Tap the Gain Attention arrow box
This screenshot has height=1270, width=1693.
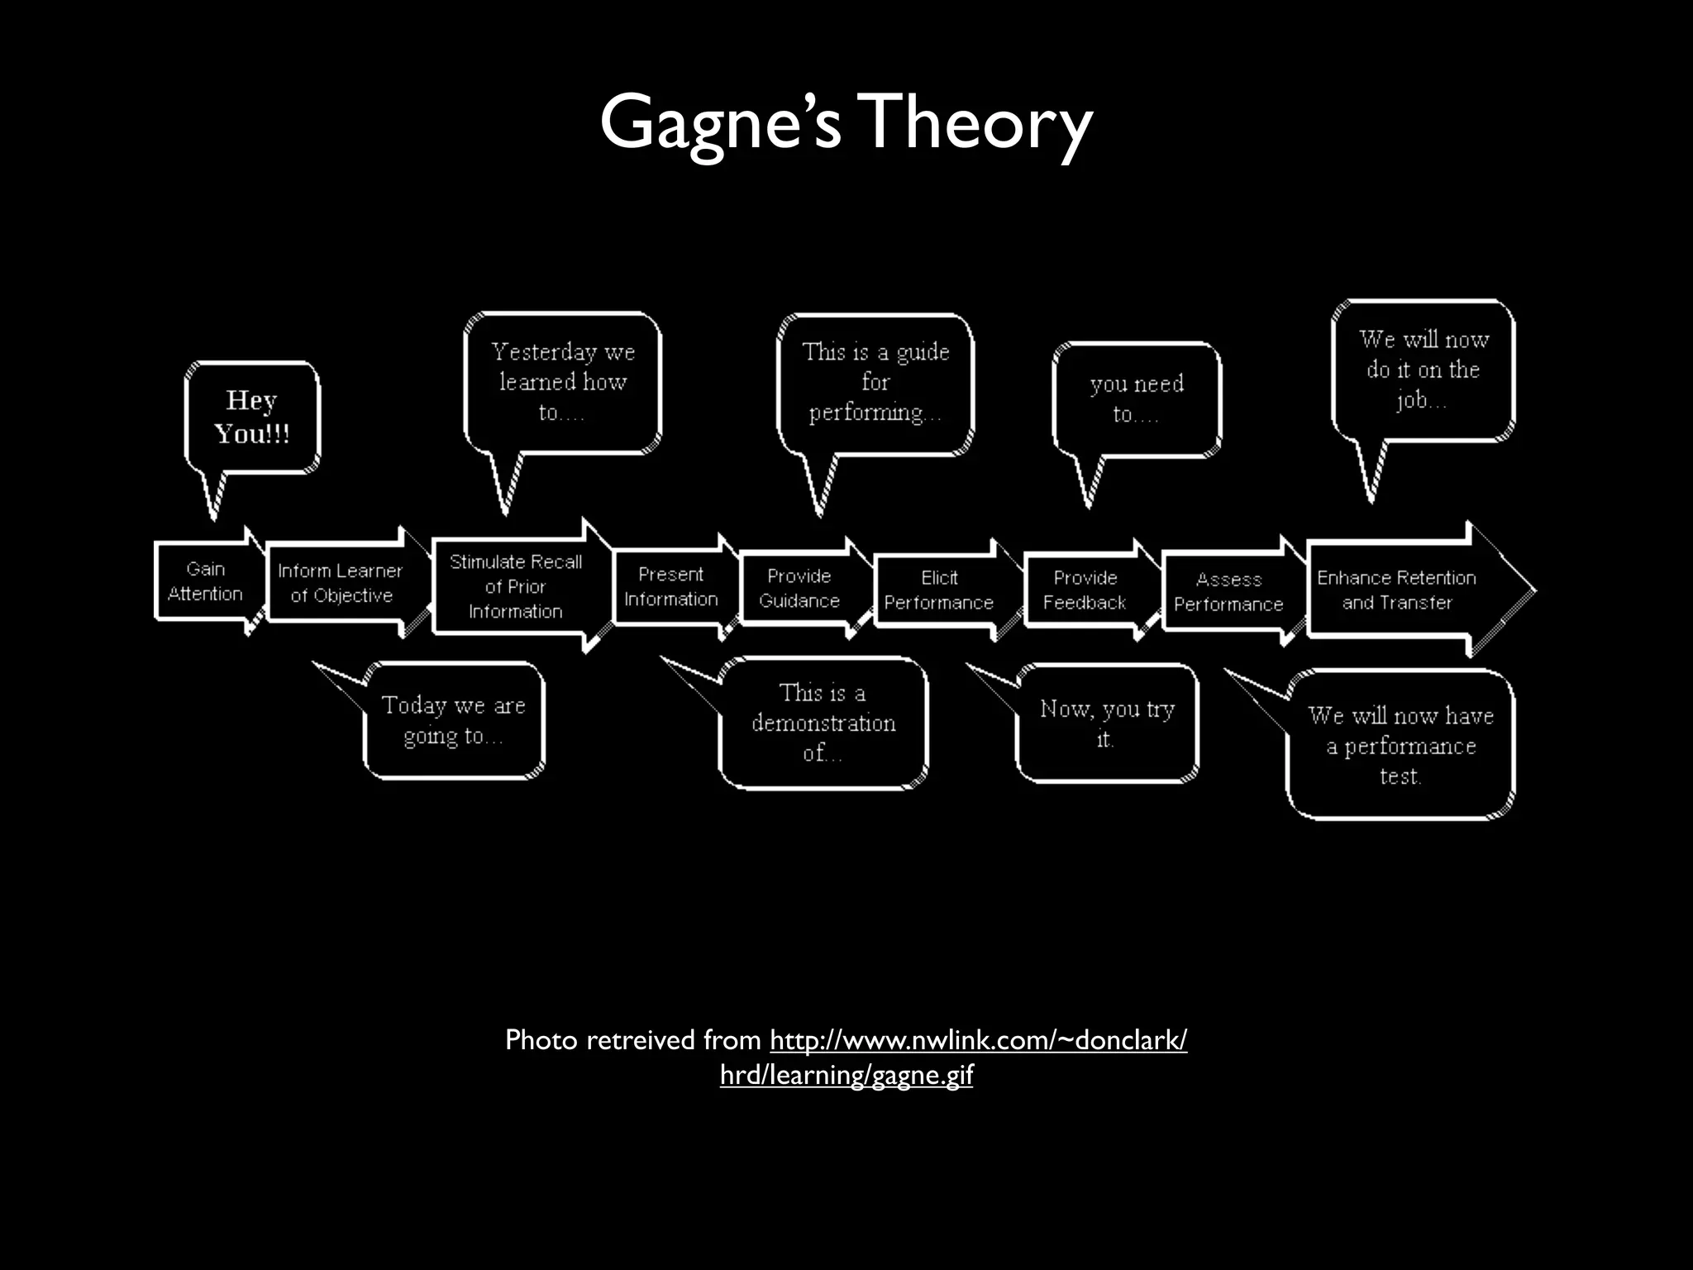[x=206, y=581]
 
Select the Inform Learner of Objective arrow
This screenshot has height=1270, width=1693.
[x=341, y=583]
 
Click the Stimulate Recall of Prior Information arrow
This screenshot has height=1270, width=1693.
[x=516, y=586]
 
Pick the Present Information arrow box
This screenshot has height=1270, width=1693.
[x=671, y=586]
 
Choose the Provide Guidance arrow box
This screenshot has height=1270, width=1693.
[x=799, y=588]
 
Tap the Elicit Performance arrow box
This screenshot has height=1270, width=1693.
[x=939, y=590]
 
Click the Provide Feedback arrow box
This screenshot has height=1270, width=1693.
[x=1085, y=590]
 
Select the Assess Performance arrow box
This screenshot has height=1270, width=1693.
[x=1228, y=592]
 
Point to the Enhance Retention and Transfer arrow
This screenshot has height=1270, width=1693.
[x=1397, y=590]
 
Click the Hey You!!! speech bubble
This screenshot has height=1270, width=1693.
[x=252, y=417]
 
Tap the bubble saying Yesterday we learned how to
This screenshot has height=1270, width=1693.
[x=563, y=382]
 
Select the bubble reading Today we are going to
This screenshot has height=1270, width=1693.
[x=453, y=720]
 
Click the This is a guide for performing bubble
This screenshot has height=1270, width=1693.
[x=875, y=382]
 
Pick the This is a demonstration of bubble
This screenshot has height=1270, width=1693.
[x=823, y=723]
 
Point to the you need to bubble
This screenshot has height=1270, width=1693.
[x=1137, y=399]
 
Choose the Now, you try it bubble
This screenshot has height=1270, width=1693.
[x=1107, y=723]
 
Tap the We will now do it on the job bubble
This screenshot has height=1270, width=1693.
[x=1423, y=370]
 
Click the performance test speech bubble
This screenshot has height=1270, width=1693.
[x=1400, y=745]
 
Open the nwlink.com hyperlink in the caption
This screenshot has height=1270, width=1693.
[x=978, y=1040]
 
